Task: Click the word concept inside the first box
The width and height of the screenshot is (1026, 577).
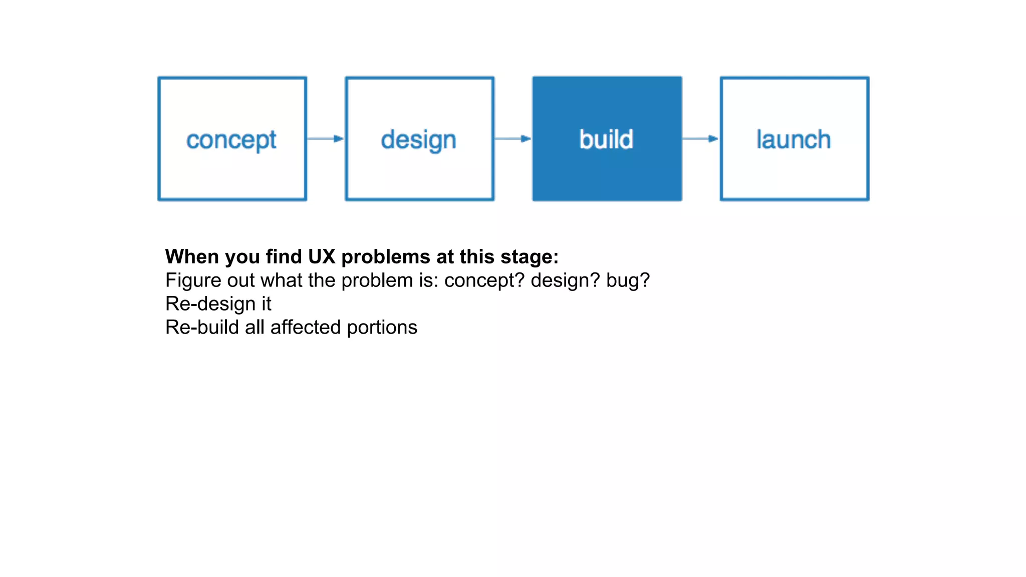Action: click(231, 140)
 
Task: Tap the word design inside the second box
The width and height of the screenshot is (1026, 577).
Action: click(418, 140)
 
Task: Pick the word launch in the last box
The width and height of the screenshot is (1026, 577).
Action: click(794, 139)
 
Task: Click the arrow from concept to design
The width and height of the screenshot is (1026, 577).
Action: click(325, 139)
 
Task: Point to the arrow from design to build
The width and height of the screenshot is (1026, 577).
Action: click(512, 139)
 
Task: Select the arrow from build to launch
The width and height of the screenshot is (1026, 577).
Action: click(700, 139)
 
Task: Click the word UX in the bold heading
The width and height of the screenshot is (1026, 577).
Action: click(322, 256)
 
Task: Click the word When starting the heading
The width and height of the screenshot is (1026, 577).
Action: click(192, 256)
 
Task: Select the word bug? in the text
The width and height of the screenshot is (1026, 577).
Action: click(628, 280)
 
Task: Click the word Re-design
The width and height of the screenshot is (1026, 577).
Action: click(210, 304)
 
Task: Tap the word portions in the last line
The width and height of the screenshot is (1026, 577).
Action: click(382, 328)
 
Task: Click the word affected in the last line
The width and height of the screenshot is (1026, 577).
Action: click(306, 328)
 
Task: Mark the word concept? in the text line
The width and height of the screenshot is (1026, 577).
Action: click(484, 280)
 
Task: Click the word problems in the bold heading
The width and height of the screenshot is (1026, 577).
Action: click(386, 256)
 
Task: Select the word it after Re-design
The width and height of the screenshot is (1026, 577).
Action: click(266, 304)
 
